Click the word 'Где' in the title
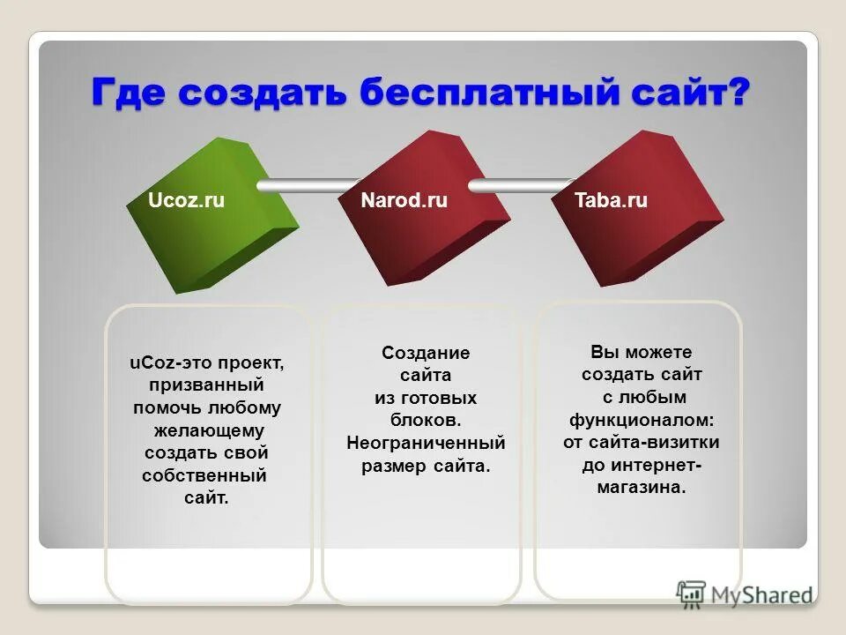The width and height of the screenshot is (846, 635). [131, 93]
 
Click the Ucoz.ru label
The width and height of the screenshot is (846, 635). [187, 201]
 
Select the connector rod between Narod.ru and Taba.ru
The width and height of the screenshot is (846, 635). [516, 186]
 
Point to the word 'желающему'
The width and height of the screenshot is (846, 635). [208, 431]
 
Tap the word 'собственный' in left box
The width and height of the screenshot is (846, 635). [204, 476]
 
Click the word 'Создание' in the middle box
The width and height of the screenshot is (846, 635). [426, 353]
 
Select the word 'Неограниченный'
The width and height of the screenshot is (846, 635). [426, 443]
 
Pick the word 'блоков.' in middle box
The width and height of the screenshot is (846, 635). [426, 420]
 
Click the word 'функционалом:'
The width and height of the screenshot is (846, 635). [641, 419]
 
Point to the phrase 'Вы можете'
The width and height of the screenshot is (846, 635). [641, 351]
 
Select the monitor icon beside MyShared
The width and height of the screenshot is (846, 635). [692, 594]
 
